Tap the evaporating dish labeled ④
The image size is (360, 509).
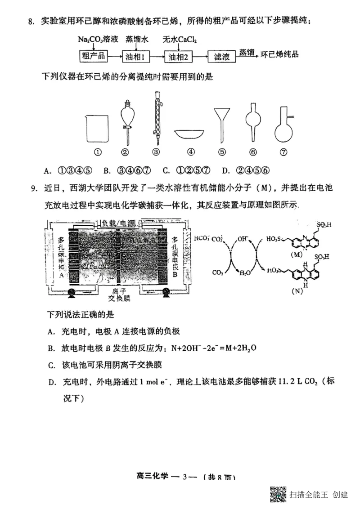pos(191,134)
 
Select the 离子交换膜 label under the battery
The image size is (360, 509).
pos(118,294)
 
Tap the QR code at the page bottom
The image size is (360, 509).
pos(279,495)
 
